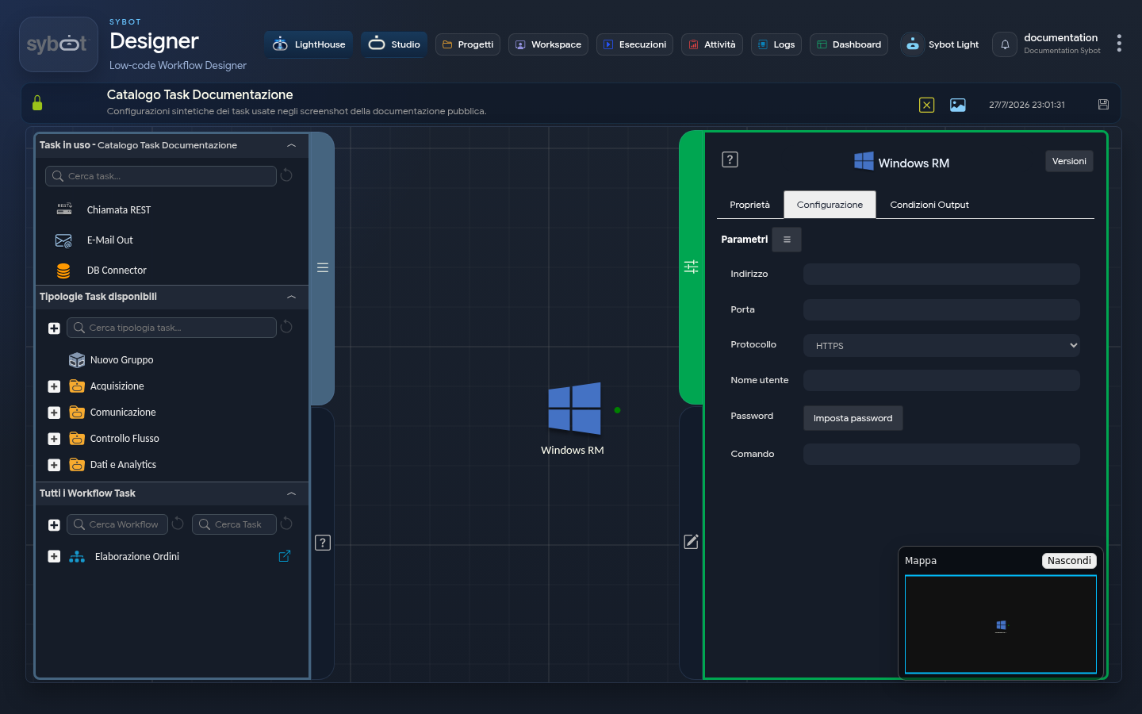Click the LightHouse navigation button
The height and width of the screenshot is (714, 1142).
pyautogui.click(x=308, y=44)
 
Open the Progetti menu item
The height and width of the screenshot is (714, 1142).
pyautogui.click(x=468, y=44)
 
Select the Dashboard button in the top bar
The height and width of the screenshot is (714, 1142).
pyautogui.click(x=849, y=44)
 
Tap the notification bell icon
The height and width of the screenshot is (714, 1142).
pyautogui.click(x=1005, y=44)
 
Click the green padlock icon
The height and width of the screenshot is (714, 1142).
pyautogui.click(x=37, y=102)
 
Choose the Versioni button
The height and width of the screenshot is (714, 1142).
pyautogui.click(x=1069, y=161)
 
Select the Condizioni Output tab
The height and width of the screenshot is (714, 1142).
pyautogui.click(x=929, y=205)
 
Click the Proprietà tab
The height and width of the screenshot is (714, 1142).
pyautogui.click(x=749, y=205)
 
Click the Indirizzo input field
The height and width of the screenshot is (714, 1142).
pyautogui.click(x=941, y=274)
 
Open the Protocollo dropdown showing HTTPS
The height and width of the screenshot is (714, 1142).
pyautogui.click(x=941, y=345)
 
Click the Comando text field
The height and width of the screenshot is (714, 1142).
pyautogui.click(x=941, y=454)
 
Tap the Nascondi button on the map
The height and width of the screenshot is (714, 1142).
pyautogui.click(x=1068, y=560)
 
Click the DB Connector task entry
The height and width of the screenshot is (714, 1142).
pyautogui.click(x=117, y=271)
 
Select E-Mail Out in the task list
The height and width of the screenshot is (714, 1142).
pyautogui.click(x=109, y=240)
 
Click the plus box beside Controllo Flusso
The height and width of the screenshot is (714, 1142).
pyautogui.click(x=54, y=439)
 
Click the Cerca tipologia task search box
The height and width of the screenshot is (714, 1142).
pyautogui.click(x=171, y=328)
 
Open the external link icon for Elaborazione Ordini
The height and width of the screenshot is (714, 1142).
pyautogui.click(x=285, y=556)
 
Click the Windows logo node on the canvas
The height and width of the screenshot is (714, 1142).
pyautogui.click(x=574, y=409)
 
